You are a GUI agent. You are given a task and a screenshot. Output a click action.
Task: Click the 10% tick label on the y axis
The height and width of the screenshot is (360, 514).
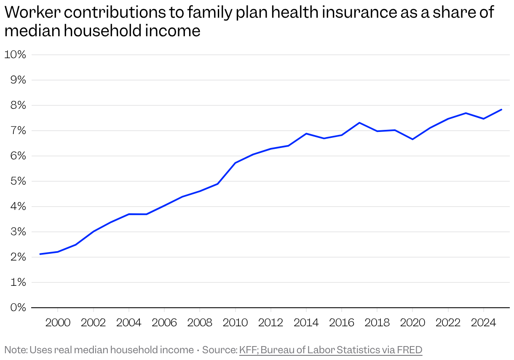[x=15, y=55]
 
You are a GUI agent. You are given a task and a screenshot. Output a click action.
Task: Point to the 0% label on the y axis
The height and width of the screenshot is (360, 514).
[x=18, y=307]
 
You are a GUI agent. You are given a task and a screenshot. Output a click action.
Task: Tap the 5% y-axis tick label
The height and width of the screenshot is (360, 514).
[x=18, y=181]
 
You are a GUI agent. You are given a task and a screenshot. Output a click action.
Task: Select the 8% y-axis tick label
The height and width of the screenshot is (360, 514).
[x=18, y=105]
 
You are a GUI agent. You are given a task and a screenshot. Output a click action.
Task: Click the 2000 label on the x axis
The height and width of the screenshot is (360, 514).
[x=58, y=323]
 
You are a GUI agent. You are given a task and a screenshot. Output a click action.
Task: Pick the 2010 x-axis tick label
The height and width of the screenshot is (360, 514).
[x=235, y=323]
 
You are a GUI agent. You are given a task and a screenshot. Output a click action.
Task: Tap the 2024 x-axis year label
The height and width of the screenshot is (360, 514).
[x=484, y=323]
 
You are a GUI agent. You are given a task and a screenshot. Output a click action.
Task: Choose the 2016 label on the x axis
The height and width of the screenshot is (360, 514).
[x=342, y=323]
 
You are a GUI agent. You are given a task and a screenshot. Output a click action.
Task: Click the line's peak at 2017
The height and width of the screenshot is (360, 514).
[x=359, y=123]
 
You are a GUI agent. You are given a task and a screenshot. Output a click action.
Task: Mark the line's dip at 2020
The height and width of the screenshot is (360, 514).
[x=412, y=140]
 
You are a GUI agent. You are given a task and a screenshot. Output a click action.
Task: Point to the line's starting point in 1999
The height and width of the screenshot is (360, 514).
[x=40, y=254]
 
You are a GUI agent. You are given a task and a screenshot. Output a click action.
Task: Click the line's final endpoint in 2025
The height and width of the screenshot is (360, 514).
[x=501, y=110]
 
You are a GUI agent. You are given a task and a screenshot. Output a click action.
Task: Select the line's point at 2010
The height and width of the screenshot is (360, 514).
[x=235, y=163]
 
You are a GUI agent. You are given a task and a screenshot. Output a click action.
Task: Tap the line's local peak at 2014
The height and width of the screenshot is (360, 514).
[x=306, y=133]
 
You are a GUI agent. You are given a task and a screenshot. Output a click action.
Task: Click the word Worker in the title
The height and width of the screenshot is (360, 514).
[x=32, y=12]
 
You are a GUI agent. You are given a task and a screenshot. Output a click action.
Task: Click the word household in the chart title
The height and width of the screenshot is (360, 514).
[x=102, y=30]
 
